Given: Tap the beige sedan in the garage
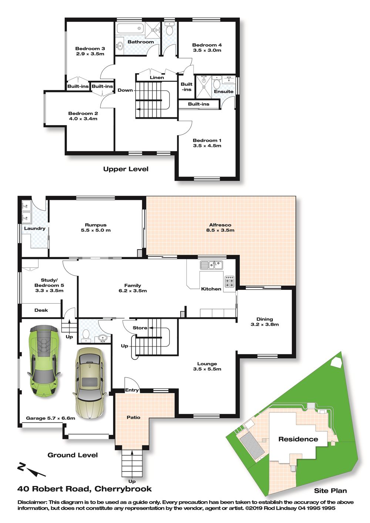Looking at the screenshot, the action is click(x=90, y=384).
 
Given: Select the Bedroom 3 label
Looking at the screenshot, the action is click(x=90, y=48).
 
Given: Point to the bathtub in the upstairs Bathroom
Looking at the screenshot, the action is click(x=130, y=29).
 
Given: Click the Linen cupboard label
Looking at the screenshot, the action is click(x=157, y=77).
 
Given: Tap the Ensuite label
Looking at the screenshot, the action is click(x=223, y=91).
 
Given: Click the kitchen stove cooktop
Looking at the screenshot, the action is click(x=229, y=282).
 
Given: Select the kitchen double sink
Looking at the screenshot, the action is click(x=212, y=265).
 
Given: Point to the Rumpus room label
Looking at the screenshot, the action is click(x=96, y=225).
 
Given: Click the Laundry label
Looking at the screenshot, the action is click(x=35, y=228).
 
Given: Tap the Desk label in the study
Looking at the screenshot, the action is click(x=41, y=310).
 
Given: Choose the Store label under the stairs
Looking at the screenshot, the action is click(x=140, y=328).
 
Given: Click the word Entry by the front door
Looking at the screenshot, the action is click(x=132, y=390).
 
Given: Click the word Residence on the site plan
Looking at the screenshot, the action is click(x=298, y=439).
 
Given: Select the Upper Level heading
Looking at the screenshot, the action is click(x=126, y=169).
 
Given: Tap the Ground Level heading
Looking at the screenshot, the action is click(x=73, y=455).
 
